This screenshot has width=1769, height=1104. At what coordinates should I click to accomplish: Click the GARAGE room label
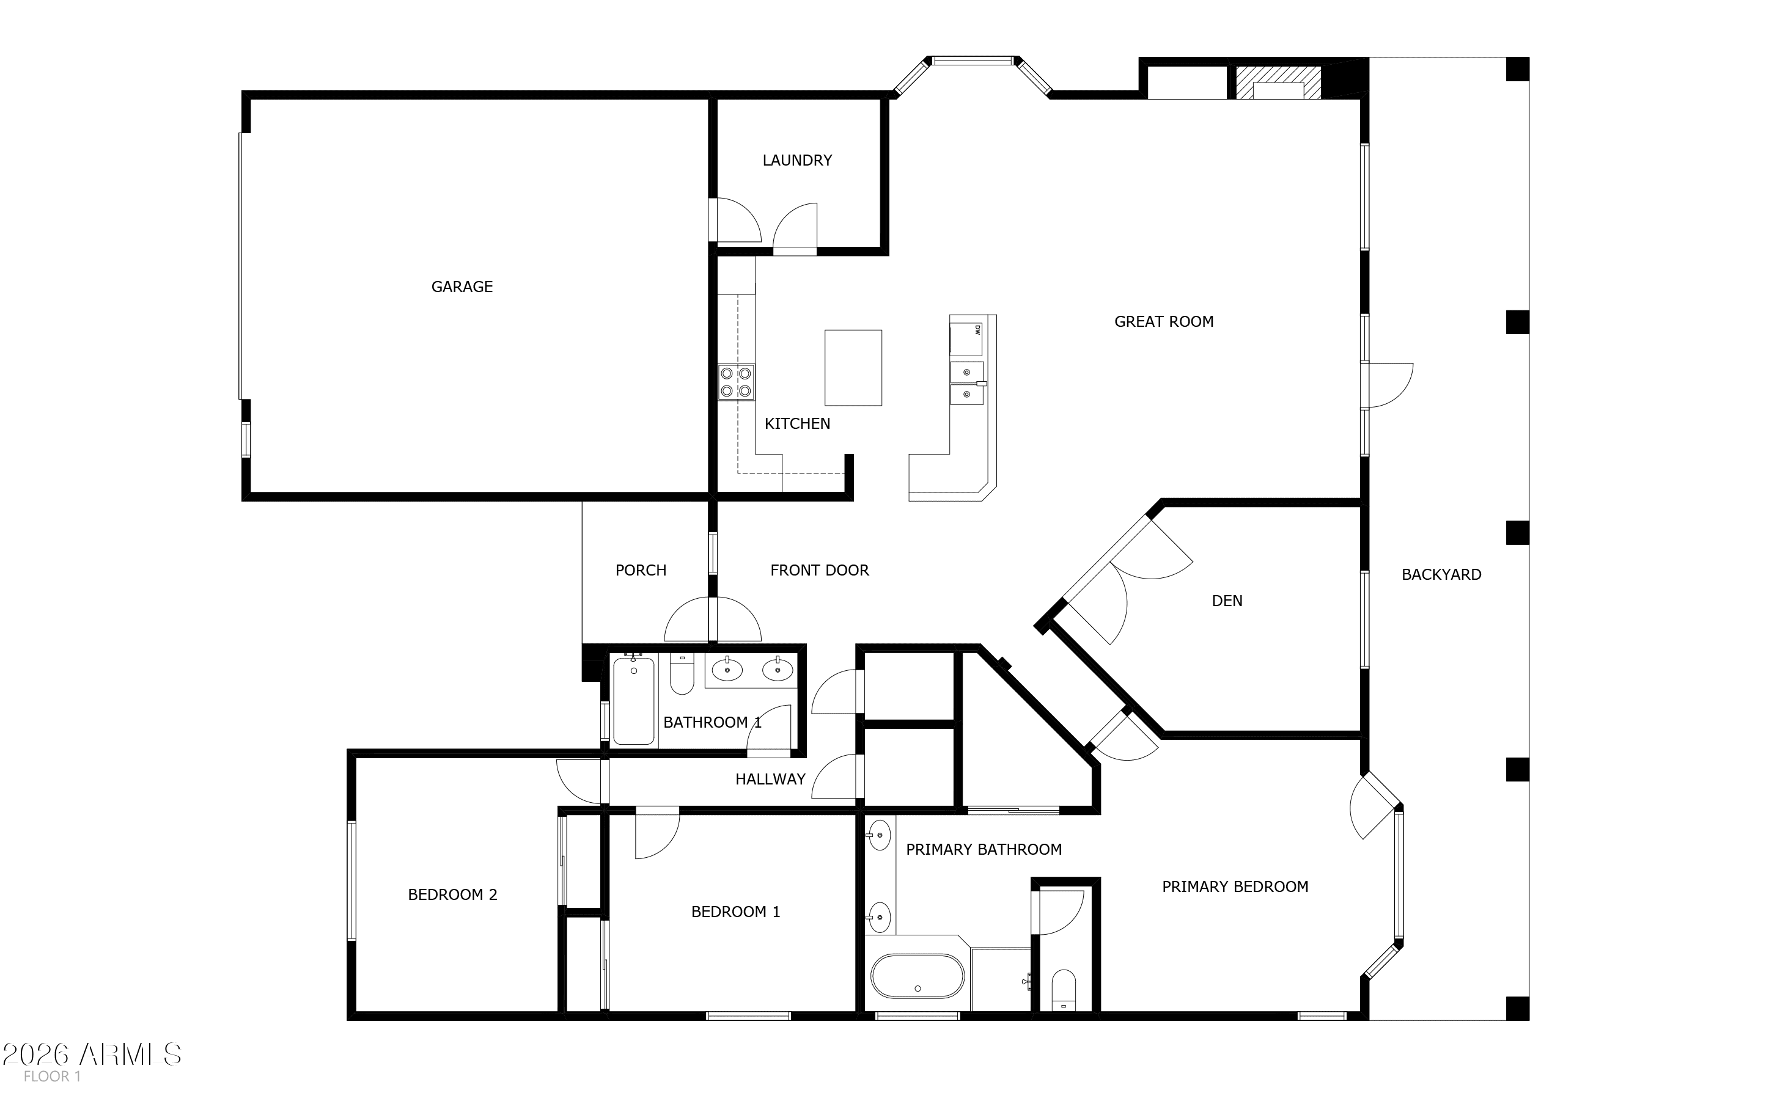pos(462,287)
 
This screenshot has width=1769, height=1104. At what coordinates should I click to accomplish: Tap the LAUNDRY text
pos(797,161)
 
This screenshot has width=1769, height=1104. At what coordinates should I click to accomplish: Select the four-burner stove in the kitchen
pos(735,382)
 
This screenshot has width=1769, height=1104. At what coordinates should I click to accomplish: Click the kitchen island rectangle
pos(853,367)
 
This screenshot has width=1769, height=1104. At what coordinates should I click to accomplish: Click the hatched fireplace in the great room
pos(1278,82)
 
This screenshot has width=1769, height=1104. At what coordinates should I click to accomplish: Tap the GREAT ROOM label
pos(1163,322)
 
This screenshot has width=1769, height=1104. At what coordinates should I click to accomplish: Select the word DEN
pos(1226,601)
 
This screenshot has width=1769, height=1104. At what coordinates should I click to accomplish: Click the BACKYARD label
pos(1441,575)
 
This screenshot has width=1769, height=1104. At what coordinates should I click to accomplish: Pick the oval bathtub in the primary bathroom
pos(918,976)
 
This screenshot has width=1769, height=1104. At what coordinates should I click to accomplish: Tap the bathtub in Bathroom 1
pos(633,701)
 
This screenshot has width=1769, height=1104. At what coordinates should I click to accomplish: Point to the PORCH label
pos(641,570)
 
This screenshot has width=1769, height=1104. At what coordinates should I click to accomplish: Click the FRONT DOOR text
pos(820,570)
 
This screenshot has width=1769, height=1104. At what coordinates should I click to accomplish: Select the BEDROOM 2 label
pos(452,894)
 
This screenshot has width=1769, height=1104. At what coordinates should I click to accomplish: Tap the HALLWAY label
pos(770,779)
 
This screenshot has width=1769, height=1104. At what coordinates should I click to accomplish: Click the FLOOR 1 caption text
pos(52,1077)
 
